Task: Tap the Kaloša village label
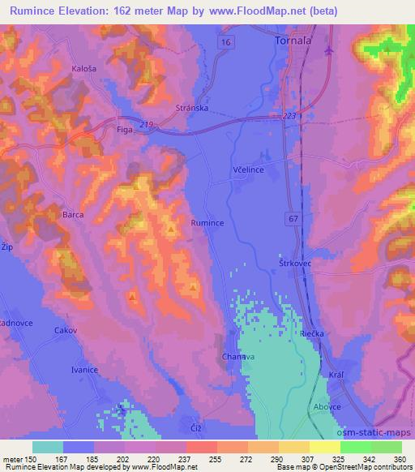point(85,69)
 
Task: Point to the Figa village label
point(125,129)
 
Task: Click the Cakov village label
point(65,330)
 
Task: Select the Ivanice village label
point(84,370)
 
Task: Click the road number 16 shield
point(225,41)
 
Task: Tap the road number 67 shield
point(293,218)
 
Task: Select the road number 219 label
point(147,122)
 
